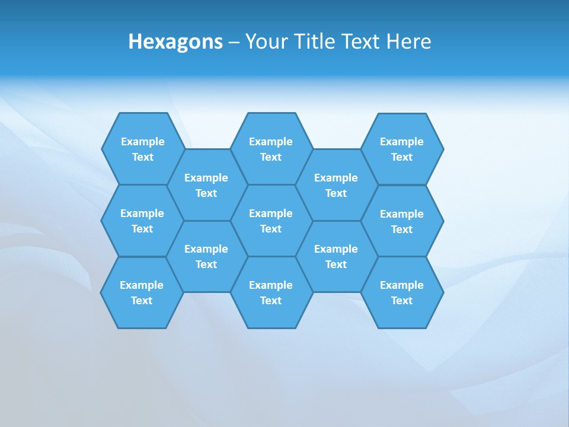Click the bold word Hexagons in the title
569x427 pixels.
[x=175, y=42]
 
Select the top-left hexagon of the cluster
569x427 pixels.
[x=143, y=149]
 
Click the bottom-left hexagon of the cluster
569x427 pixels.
[x=142, y=292]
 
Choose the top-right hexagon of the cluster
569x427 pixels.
[x=402, y=149]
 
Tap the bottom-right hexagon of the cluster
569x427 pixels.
[x=402, y=292]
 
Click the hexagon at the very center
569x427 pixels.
[x=271, y=221]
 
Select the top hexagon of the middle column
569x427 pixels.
[x=271, y=149]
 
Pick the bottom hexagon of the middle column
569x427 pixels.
[x=271, y=292]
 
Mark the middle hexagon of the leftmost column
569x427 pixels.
[x=142, y=221]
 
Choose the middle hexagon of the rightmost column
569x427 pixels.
[x=402, y=221]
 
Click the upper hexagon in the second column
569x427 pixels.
[x=206, y=185]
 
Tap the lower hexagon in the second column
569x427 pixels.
[x=206, y=256]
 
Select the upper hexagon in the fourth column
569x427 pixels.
[x=336, y=185]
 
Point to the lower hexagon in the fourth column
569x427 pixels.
[x=336, y=256]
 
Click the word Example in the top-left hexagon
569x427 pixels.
[x=143, y=142]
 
